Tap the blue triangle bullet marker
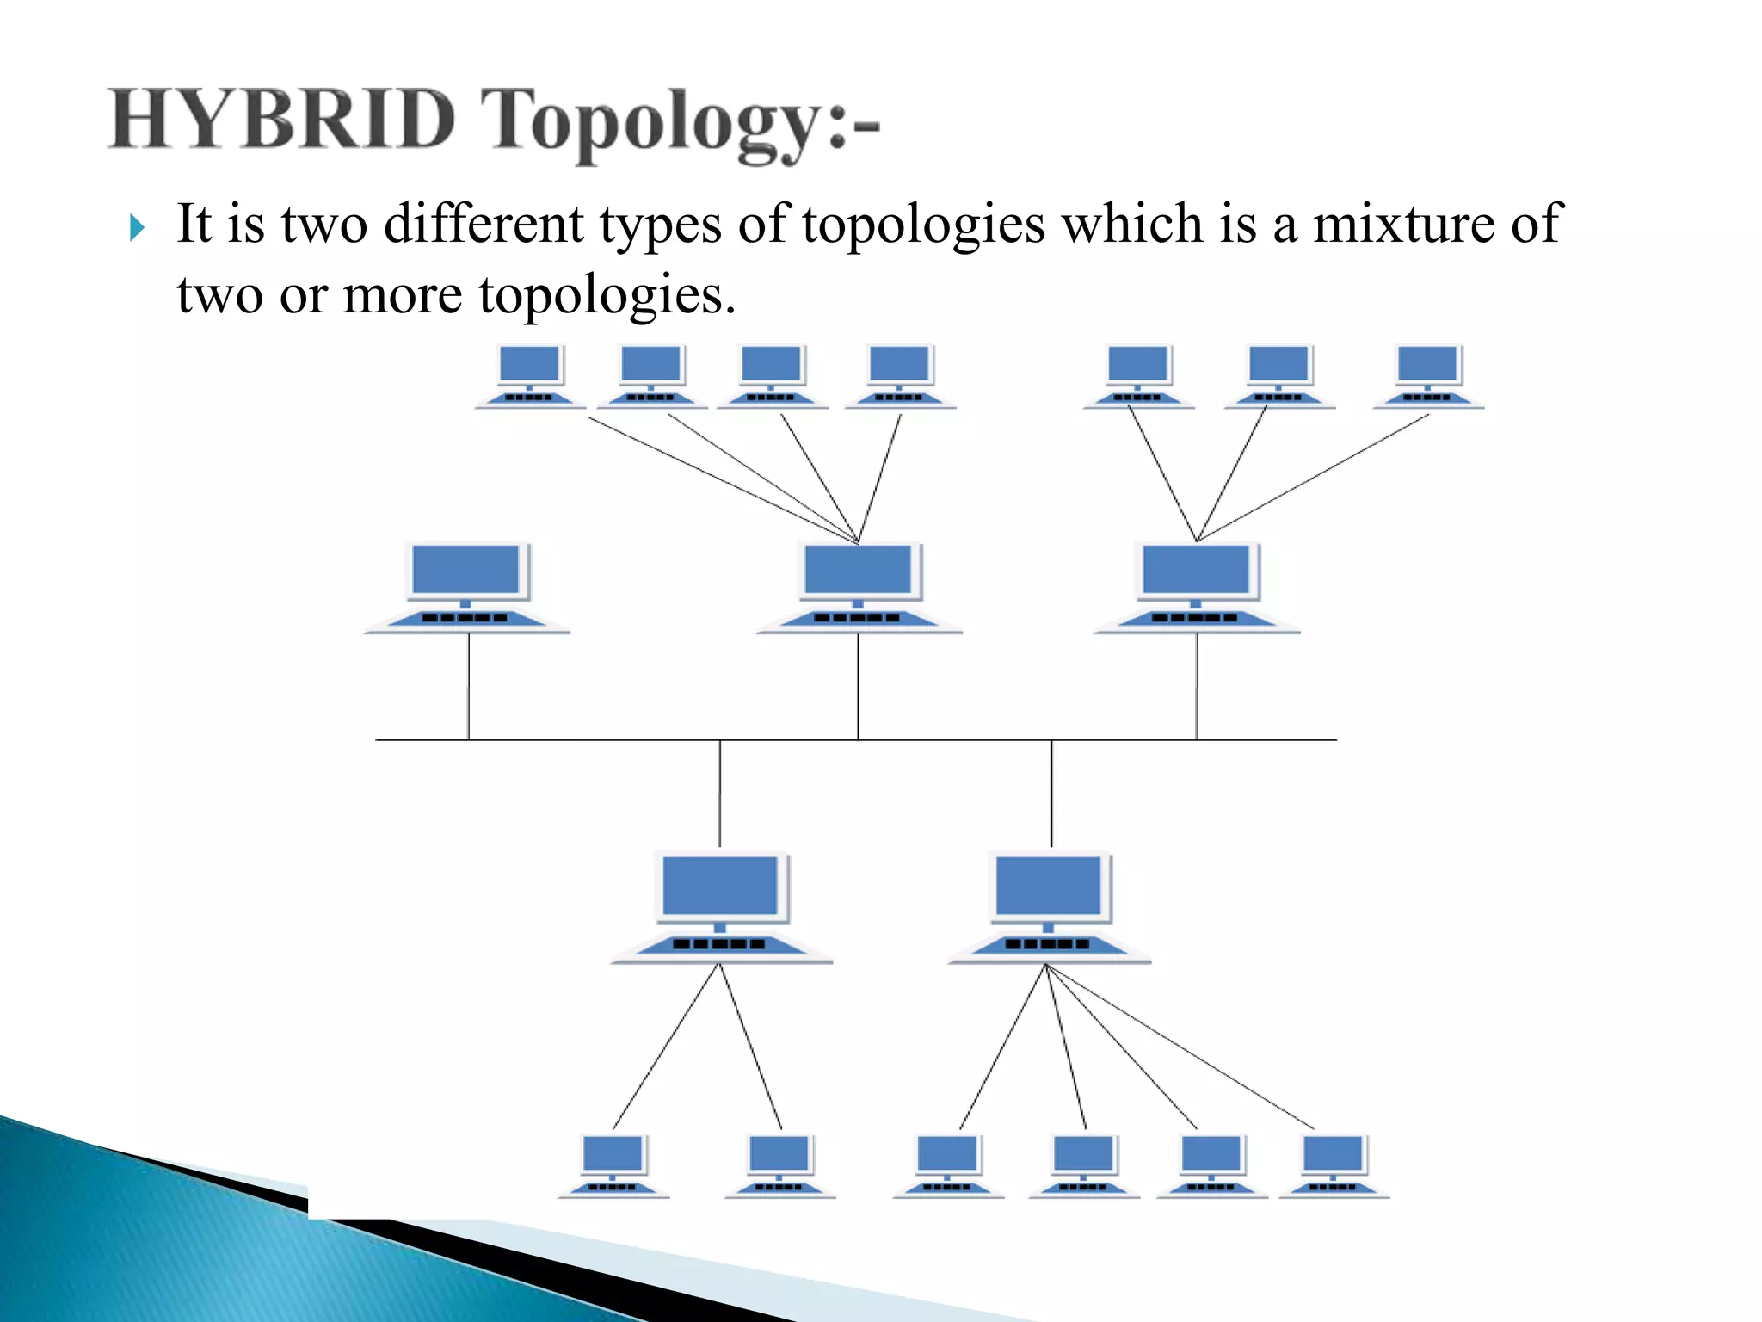pos(137,228)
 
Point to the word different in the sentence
pos(484,225)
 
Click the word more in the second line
pos(402,295)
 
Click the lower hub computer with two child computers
pos(721,907)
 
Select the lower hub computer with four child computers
pos(1049,907)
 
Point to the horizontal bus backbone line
pos(602,740)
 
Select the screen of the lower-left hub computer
pos(721,886)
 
